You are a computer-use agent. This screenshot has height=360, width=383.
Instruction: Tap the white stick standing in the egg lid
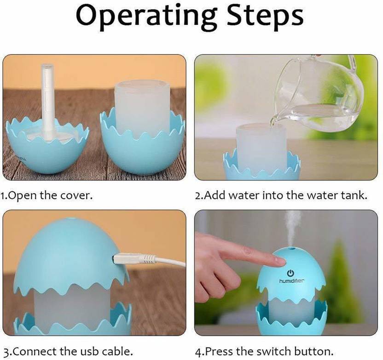47,102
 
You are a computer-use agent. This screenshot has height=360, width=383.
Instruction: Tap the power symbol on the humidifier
290,273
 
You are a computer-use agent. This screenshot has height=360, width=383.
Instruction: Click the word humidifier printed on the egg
292,281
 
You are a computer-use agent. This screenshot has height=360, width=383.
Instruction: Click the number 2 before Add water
198,196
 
